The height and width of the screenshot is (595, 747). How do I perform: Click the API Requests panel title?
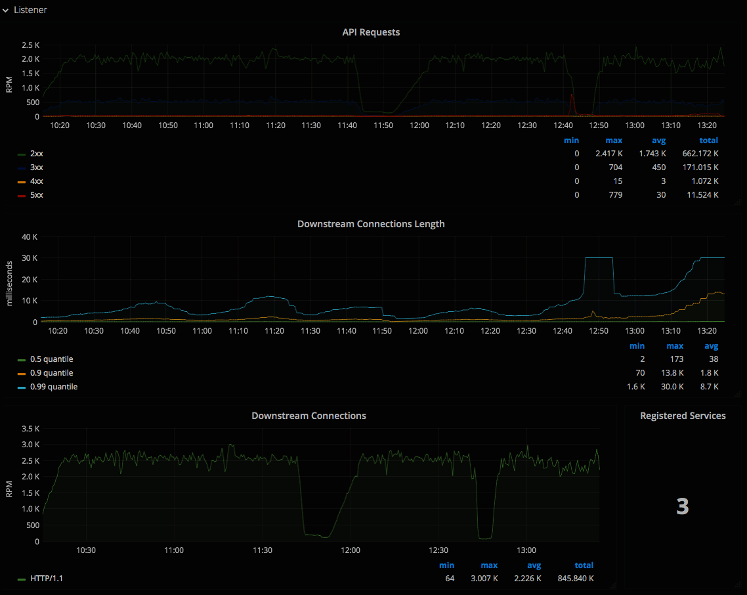tap(371, 32)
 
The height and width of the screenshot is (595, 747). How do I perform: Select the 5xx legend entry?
tap(37, 195)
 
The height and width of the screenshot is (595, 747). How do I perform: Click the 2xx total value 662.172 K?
tap(700, 154)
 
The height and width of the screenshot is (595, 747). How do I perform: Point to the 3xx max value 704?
tap(615, 167)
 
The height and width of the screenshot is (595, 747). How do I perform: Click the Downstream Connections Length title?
tap(371, 224)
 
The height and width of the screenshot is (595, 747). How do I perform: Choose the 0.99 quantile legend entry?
tap(53, 387)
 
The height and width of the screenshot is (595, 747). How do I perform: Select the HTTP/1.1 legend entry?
tap(47, 579)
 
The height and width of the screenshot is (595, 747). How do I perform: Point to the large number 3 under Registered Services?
tap(683, 506)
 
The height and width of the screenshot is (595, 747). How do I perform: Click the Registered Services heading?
tap(683, 416)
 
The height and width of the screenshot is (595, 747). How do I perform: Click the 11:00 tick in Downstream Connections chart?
tap(174, 550)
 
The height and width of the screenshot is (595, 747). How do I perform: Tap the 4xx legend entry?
tap(37, 181)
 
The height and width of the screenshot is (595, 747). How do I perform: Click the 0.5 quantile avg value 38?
tap(714, 359)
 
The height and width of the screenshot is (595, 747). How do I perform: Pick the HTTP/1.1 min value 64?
tap(449, 579)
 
